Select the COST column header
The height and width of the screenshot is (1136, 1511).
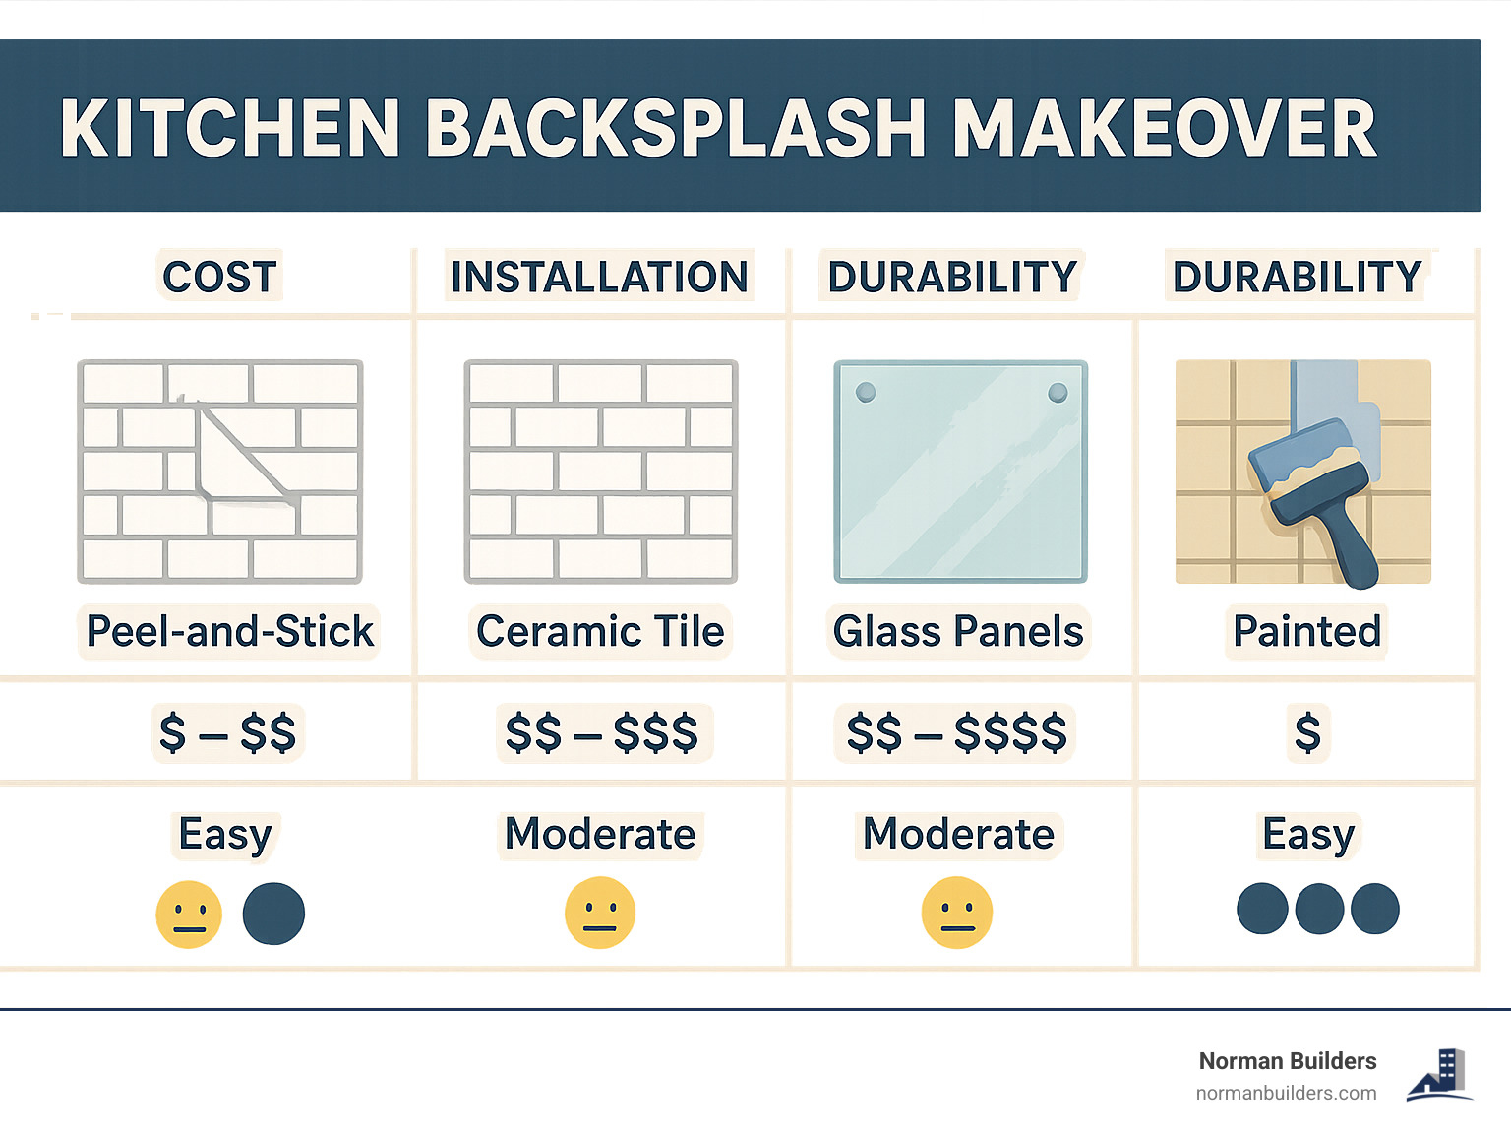point(220,277)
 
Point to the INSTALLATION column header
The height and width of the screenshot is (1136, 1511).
point(599,277)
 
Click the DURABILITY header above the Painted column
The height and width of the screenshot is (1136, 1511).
point(1298,277)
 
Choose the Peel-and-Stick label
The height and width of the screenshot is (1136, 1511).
point(230,631)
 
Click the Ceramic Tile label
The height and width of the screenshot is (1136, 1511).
point(600,631)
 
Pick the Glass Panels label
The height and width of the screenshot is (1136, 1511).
point(958,631)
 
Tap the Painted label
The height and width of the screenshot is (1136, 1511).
point(1307,631)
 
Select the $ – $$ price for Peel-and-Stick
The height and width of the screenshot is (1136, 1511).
point(228,732)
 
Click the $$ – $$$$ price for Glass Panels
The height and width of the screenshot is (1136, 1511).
point(956,732)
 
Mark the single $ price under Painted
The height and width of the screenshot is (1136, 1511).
point(1307,732)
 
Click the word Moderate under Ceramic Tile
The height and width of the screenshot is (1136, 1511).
point(600,834)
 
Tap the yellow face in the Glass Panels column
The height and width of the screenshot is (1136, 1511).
point(957,913)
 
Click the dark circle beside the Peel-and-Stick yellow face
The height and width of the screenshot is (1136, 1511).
point(273,913)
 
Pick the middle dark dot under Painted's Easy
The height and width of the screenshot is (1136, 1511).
point(1319,909)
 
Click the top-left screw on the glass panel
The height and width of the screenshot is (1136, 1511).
point(866,393)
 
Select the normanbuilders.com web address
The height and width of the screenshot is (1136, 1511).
point(1286,1093)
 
